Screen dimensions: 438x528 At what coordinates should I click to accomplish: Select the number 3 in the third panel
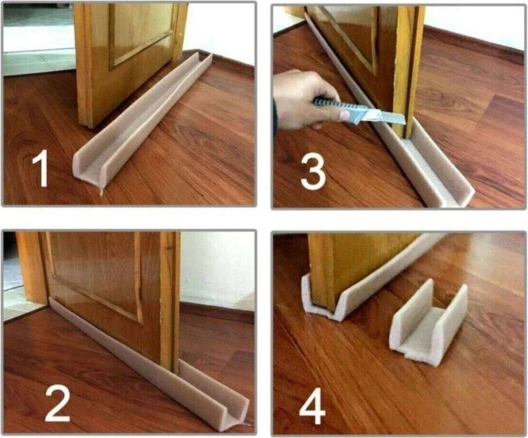click(x=313, y=168)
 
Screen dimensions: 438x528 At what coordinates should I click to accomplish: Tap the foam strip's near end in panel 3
click(x=447, y=194)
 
